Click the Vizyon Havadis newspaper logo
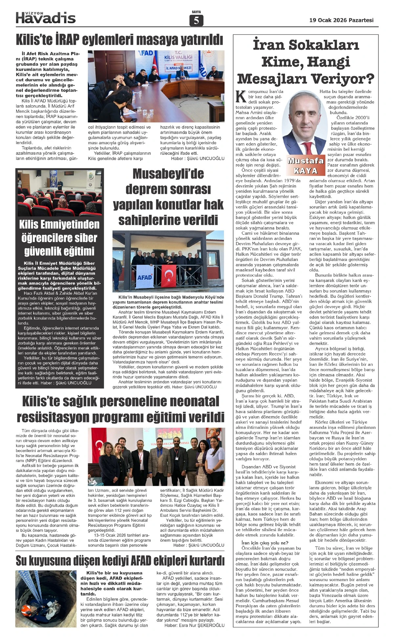click(46, 17)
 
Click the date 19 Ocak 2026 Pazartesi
click(341, 20)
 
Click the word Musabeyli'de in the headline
click(168, 174)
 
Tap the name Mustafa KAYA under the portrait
click(305, 165)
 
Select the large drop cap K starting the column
click(241, 97)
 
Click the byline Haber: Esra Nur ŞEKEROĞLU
click(194, 625)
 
